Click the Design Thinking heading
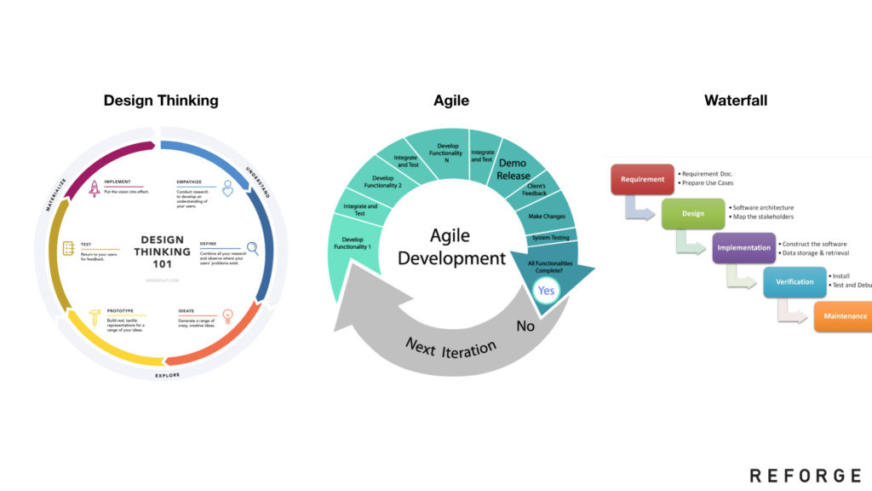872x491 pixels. point(161,101)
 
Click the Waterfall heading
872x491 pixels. point(736,101)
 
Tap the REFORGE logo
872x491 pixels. point(805,476)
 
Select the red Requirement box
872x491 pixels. point(643,179)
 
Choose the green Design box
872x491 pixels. point(693,214)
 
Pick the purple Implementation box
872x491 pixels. point(743,248)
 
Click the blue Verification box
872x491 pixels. point(795,282)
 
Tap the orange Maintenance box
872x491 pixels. point(843,316)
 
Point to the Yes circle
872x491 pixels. point(546,291)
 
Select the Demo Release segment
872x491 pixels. point(513,169)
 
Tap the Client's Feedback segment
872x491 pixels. point(534,190)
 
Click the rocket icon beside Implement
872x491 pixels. point(95,188)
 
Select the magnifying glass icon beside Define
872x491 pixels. point(252,249)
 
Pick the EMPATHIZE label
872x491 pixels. point(189,182)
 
